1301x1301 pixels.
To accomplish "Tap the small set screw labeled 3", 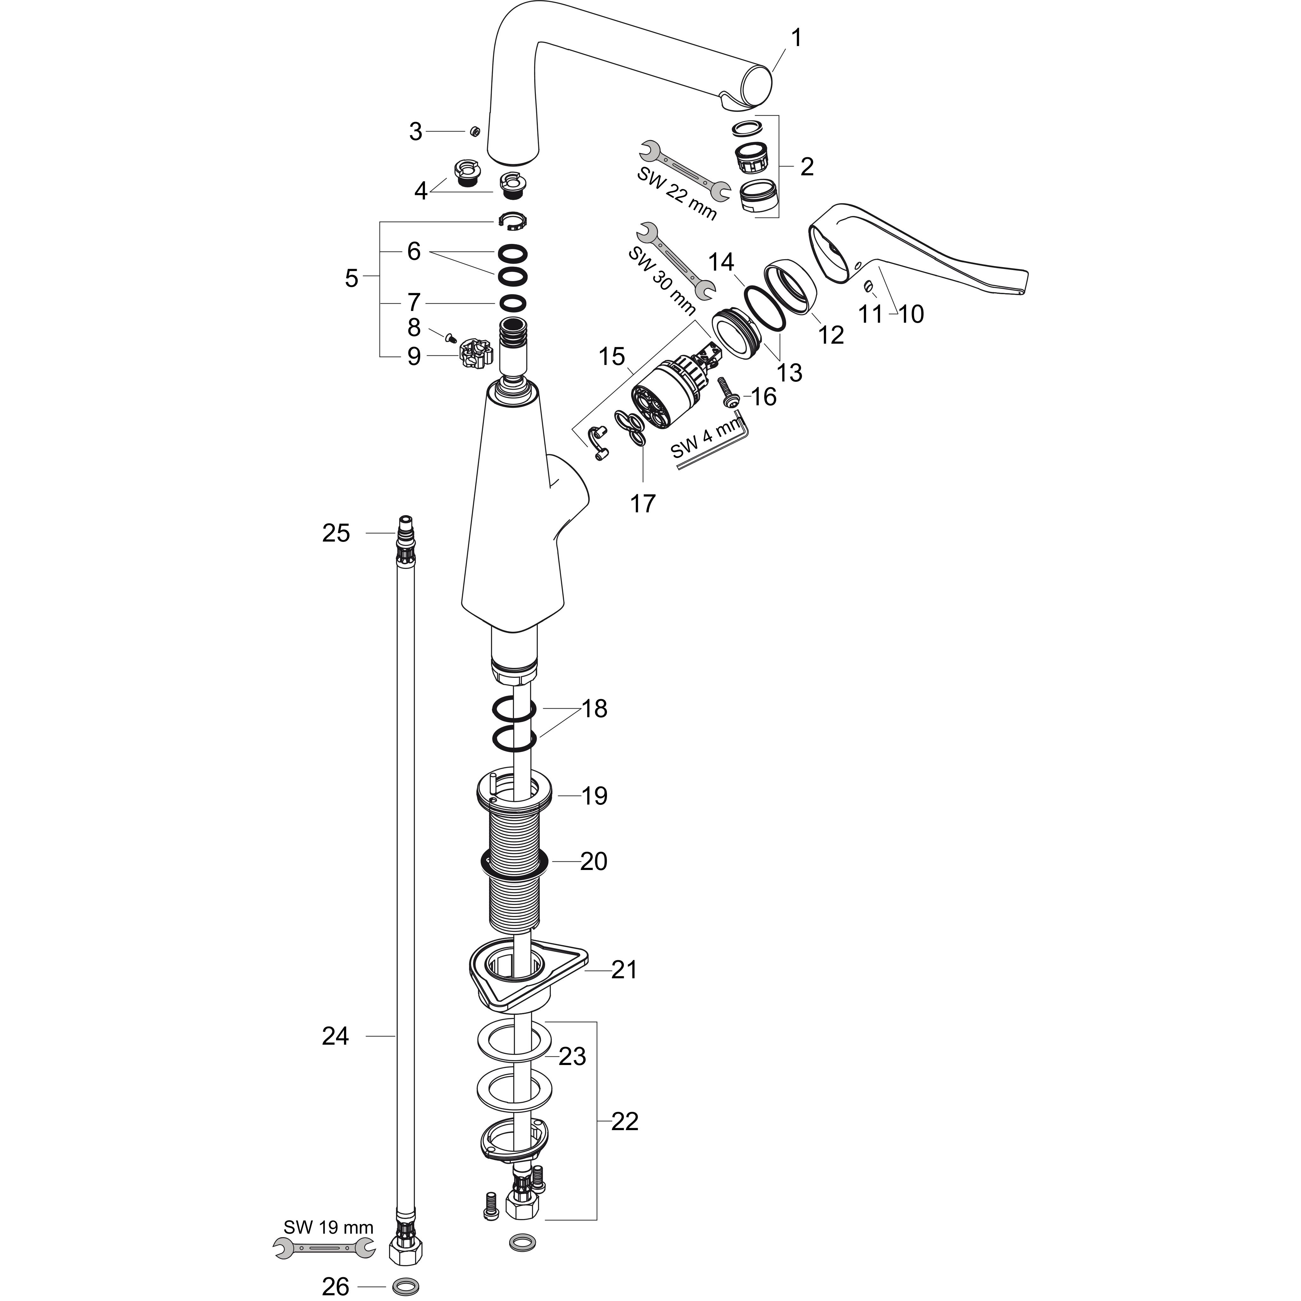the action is (x=474, y=131).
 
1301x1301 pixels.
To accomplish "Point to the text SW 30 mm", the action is (x=661, y=281).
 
